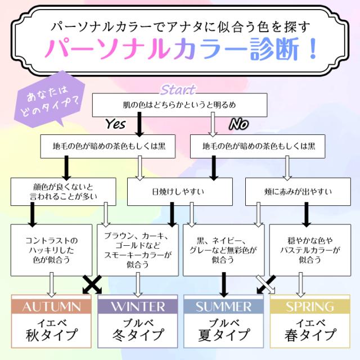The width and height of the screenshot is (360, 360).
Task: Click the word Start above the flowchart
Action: [x=178, y=90]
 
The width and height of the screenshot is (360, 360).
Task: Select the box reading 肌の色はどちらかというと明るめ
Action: [x=179, y=105]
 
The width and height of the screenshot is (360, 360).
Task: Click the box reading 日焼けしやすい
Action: [x=179, y=192]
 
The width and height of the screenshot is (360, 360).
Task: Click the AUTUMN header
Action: [x=51, y=306]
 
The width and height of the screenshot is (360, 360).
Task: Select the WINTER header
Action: [x=137, y=306]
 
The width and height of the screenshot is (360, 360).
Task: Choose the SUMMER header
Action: [x=223, y=306]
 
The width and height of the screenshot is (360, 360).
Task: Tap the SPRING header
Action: [x=309, y=306]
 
